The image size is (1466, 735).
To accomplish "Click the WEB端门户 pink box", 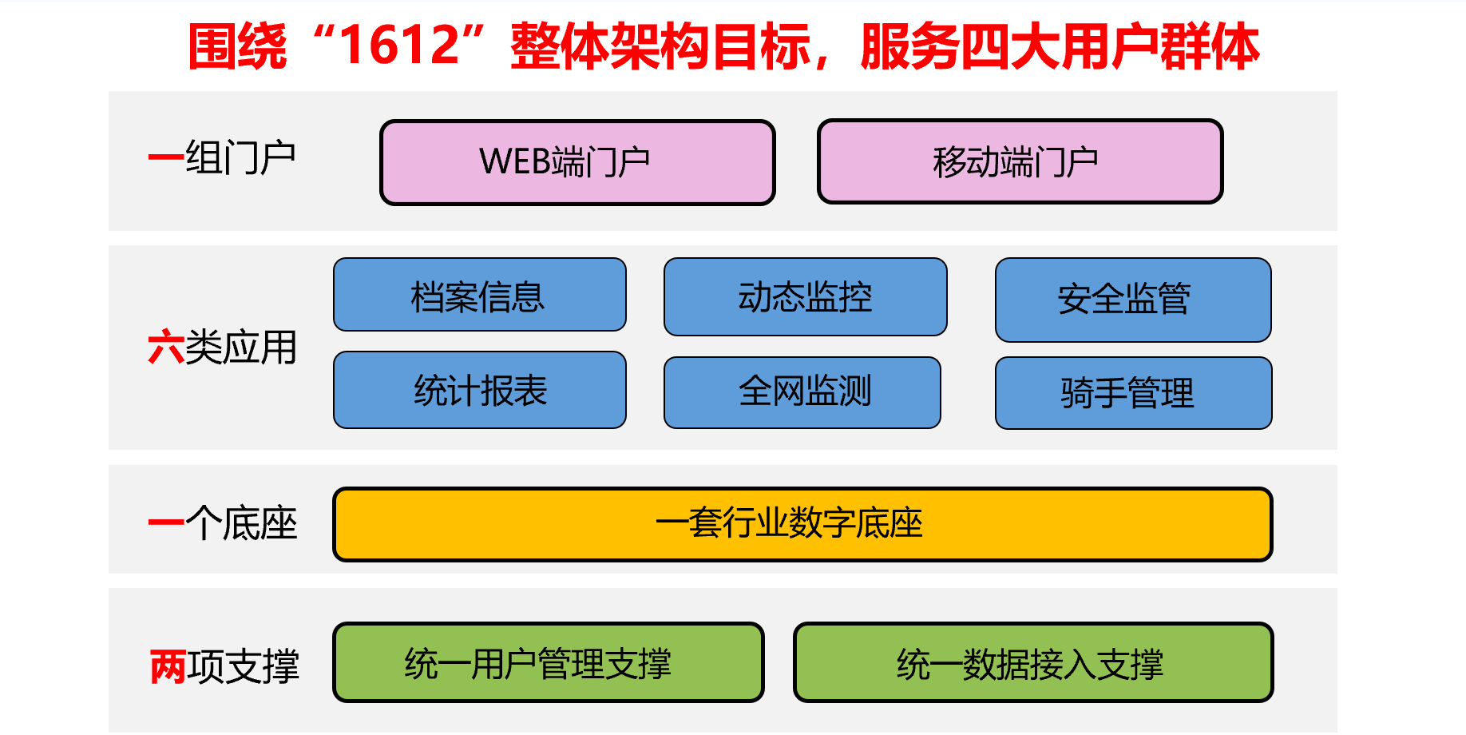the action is point(577,162).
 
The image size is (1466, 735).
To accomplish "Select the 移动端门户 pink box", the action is point(1020,161).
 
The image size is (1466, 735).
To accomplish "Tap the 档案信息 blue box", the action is point(480,295).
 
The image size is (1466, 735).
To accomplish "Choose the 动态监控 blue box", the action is point(806,296).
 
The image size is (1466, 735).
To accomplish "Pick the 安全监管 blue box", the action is point(1133,300).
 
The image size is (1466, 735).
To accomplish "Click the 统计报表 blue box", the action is point(480,390).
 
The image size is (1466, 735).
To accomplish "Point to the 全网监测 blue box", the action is point(802,392).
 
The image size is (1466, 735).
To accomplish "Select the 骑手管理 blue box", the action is point(1134,393).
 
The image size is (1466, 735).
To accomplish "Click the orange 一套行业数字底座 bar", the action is point(802,524).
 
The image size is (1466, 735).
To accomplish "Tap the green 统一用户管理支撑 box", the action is point(549,662).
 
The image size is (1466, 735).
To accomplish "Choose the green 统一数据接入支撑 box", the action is point(1033,662).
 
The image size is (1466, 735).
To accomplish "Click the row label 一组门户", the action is point(222,157).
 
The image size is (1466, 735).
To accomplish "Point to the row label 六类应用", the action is point(223,348).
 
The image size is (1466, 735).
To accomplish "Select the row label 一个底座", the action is point(223,523).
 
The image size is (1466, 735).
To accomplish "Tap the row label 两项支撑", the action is point(224,666).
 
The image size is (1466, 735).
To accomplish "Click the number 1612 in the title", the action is point(401,46).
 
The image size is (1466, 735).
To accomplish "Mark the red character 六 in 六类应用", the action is point(166,348).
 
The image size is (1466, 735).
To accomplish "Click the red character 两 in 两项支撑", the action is point(168,666).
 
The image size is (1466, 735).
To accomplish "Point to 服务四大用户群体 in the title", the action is point(1060,46).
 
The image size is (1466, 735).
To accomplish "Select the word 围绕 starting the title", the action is point(237,46).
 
